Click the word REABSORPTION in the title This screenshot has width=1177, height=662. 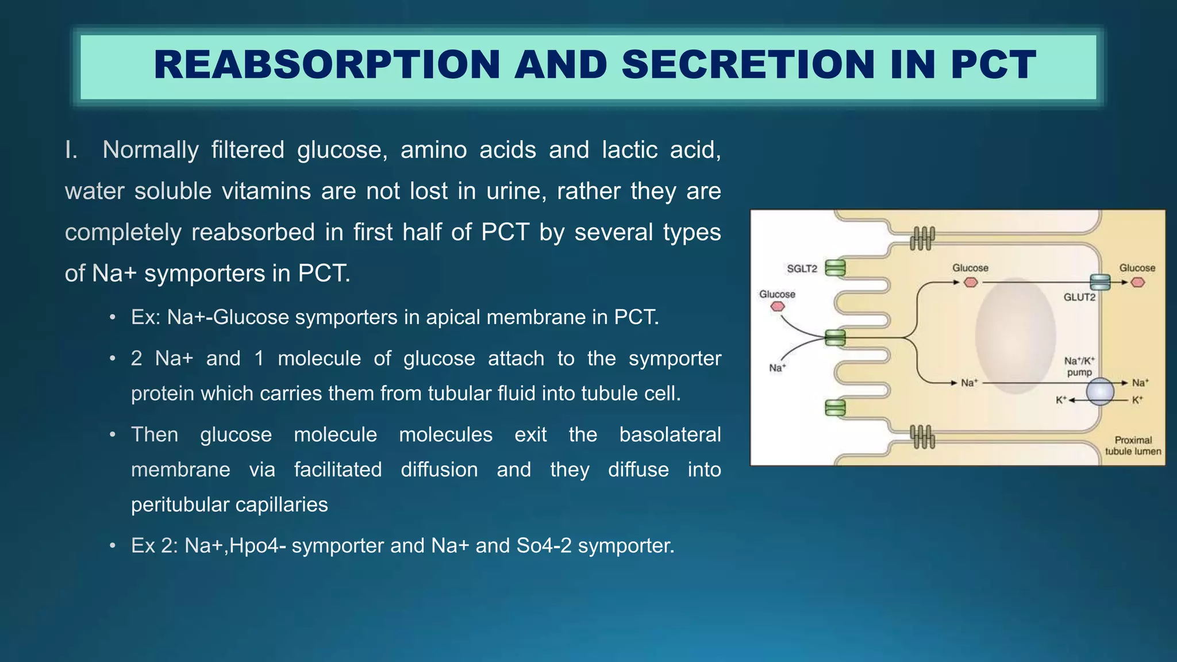point(327,65)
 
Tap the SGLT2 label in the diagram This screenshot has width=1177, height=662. point(802,268)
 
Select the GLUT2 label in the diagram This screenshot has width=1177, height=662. point(1079,297)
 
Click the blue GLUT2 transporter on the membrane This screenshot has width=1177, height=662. point(1100,282)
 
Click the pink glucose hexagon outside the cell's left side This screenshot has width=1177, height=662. point(778,306)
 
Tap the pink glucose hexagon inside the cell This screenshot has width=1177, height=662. point(971,282)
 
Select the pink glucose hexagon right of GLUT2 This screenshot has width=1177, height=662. point(1137,282)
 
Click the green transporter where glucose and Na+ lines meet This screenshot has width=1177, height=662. point(835,338)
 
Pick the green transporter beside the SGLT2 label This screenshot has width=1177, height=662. point(835,268)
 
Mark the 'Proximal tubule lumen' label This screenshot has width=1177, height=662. point(1133,445)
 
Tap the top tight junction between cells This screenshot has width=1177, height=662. point(922,238)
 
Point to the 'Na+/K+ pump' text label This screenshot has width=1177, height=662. point(1079,366)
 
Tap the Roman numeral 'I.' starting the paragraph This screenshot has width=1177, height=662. point(71,150)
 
